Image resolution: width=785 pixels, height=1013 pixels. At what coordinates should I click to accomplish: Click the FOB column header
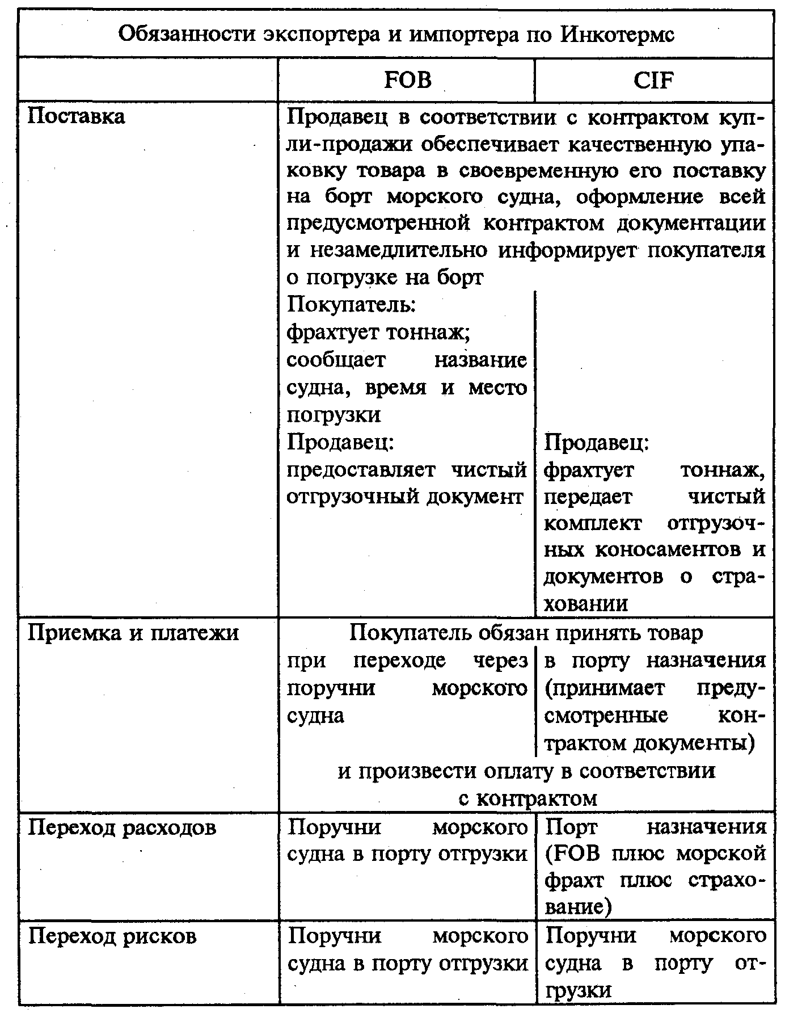pos(407,80)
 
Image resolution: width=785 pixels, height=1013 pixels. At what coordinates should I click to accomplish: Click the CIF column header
pos(653,80)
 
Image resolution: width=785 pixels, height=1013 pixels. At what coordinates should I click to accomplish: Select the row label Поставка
pos(77,116)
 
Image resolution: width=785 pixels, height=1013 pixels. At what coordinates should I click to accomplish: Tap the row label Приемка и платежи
pos(134,632)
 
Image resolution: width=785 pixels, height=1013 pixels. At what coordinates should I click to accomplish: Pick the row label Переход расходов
pos(123,827)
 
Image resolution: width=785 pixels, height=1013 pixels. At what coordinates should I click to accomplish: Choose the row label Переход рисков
pos(112,935)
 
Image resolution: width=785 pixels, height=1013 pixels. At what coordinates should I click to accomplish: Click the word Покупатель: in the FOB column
pos(352,305)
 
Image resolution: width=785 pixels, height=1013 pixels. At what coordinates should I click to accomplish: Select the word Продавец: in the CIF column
pos(597,442)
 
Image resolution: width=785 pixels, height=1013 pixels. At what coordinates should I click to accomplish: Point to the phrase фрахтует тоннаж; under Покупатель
pos(378,332)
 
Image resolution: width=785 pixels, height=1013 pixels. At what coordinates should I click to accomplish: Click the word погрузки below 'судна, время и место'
pos(334,415)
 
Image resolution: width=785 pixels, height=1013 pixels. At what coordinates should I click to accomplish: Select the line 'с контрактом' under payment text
pos(527,798)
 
